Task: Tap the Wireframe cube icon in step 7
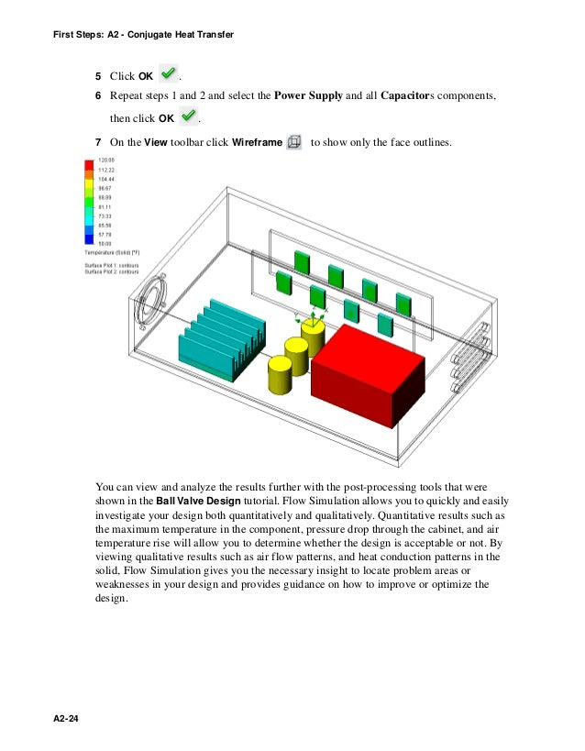pos(294,142)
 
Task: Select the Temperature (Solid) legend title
pos(112,251)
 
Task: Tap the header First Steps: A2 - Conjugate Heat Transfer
pos(138,34)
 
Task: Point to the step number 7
pos(98,143)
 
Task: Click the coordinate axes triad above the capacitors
pos(312,317)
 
